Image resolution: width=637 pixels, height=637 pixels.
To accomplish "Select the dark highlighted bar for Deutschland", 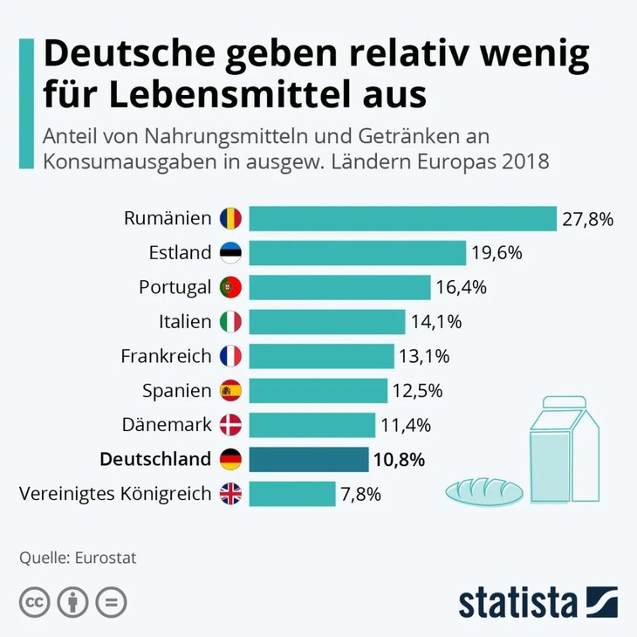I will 309,459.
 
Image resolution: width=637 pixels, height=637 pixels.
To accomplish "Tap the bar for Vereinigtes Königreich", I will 292,494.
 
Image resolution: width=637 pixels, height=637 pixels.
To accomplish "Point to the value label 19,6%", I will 497,253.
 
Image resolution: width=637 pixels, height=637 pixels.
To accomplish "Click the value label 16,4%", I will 462,287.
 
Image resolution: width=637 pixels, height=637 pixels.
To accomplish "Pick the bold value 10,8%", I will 401,459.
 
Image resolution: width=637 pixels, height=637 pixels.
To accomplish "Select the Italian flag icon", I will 230,322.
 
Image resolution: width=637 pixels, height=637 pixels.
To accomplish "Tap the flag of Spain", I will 230,391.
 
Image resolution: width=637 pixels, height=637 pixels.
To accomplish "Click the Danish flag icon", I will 230,425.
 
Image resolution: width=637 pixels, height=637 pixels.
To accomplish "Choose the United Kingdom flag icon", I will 230,494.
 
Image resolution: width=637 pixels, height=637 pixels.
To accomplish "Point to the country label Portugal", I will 175,287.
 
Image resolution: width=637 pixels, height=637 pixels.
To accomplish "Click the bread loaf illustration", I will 484,490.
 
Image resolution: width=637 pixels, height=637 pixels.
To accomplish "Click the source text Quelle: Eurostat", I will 78,558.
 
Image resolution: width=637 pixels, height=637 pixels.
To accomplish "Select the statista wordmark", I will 519,602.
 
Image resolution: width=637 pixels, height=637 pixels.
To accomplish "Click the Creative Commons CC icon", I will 35,602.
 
